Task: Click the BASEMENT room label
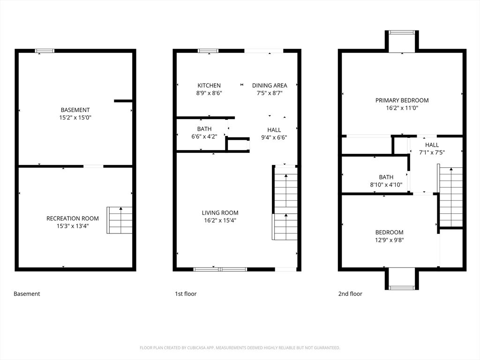tap(75, 110)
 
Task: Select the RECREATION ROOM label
tap(73, 218)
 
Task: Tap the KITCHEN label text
tap(209, 85)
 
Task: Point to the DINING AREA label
tap(270, 85)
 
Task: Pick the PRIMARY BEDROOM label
tap(402, 100)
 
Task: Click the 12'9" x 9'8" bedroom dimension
tap(389, 240)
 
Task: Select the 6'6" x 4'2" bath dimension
tap(204, 137)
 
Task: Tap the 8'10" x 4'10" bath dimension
tap(386, 185)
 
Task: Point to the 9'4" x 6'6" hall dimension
tap(274, 138)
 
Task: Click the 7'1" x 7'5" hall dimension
tap(432, 152)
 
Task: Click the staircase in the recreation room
tap(120, 220)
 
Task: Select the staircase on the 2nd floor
tap(451, 197)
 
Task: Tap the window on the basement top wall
tap(45, 51)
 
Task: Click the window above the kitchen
tap(208, 51)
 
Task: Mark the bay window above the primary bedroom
tap(402, 32)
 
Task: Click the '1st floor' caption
tap(186, 294)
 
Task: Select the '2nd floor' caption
tap(350, 294)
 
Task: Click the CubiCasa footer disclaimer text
tap(240, 348)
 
